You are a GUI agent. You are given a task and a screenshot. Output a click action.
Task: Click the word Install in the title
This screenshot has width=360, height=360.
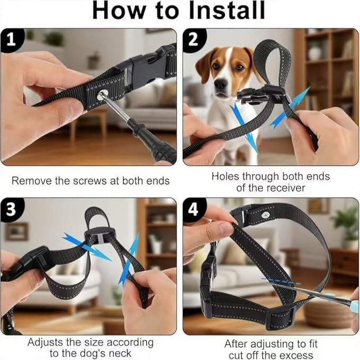point(227,10)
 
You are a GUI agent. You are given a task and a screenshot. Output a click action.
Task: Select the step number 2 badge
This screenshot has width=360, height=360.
point(194,40)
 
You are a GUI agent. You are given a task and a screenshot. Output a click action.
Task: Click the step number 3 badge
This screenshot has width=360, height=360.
point(12,209)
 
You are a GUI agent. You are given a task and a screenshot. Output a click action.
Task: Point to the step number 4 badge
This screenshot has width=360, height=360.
point(194,209)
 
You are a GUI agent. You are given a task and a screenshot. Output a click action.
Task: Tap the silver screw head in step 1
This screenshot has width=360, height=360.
point(101,95)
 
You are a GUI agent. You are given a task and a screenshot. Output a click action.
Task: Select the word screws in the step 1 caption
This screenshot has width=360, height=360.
point(91,181)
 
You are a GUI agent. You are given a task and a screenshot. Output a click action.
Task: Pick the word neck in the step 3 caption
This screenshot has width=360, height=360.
point(120,353)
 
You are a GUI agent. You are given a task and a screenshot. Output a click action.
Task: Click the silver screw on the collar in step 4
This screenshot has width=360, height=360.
point(266,215)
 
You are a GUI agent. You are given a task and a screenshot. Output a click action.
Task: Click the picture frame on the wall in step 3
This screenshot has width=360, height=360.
point(17,231)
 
